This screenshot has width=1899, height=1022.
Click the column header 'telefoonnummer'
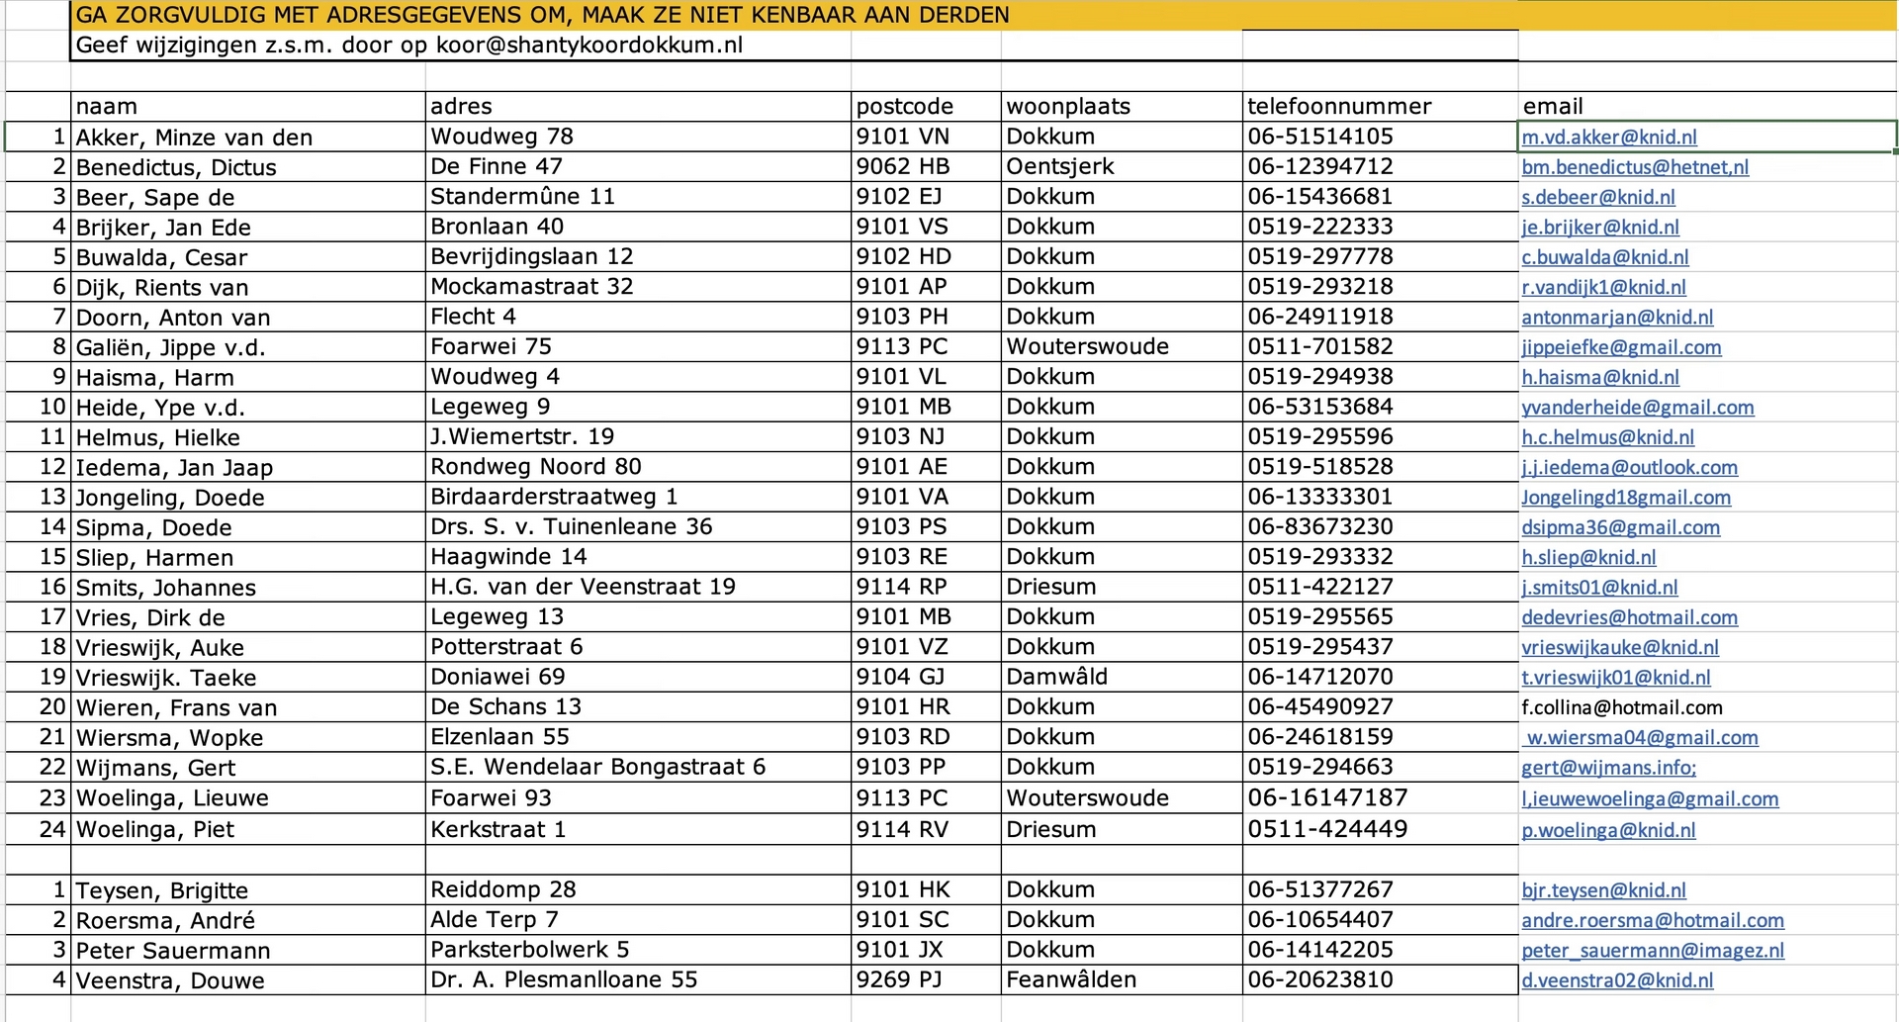coord(1339,107)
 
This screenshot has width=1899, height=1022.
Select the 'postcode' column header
coord(904,107)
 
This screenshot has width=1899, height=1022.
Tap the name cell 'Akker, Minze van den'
coord(194,138)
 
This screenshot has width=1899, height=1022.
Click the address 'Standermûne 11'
coord(522,197)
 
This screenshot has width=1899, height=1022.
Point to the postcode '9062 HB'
coord(902,167)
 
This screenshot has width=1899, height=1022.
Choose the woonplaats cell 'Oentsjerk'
coord(1059,167)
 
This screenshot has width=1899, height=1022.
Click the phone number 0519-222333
coord(1319,227)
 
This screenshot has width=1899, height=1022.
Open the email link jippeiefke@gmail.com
coord(1621,347)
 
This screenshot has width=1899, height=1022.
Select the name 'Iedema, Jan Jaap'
coord(174,467)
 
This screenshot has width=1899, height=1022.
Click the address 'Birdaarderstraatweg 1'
coord(553,497)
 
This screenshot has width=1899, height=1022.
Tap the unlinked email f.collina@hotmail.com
coord(1622,707)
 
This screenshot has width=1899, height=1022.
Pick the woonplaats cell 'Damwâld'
coord(1056,677)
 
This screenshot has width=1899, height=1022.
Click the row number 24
coord(51,829)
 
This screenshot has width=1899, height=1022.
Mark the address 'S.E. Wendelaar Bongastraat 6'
coord(597,767)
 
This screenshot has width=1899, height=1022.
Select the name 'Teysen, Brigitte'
coord(161,890)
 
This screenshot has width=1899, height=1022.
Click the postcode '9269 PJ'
coord(898,980)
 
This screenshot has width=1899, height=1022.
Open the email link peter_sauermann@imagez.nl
coord(1653,951)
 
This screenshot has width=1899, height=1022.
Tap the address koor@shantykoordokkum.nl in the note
coord(589,46)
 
